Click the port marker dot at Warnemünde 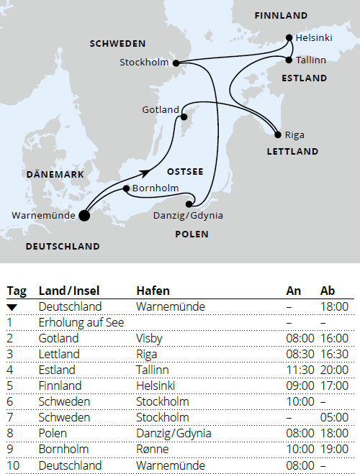(84, 214)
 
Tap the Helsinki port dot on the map (289, 37)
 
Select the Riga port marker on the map (278, 135)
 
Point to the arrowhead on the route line (147, 173)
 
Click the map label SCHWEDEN (117, 44)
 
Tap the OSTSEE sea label (185, 172)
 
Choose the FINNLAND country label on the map (281, 15)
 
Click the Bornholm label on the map (155, 188)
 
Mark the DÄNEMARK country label (55, 175)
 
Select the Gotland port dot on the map (184, 116)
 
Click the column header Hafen (153, 291)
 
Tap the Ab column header (328, 291)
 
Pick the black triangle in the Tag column (14, 307)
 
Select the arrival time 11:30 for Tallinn (300, 370)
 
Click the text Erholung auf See (81, 323)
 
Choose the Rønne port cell (152, 449)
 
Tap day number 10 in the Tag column (13, 465)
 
